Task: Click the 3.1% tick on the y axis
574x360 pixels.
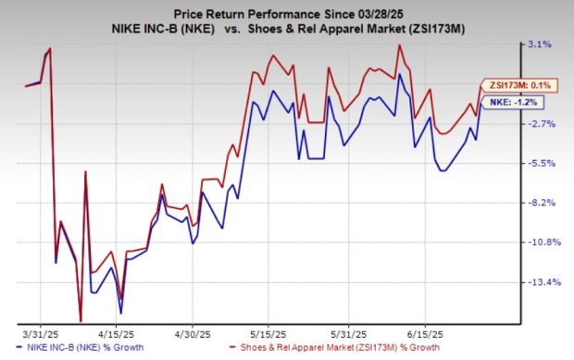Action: click(x=540, y=43)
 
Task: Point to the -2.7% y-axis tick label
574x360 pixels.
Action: click(x=539, y=123)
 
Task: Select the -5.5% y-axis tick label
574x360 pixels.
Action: click(x=539, y=163)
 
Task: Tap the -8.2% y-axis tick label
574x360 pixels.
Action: click(x=539, y=203)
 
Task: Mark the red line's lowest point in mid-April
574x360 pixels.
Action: click(x=81, y=320)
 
